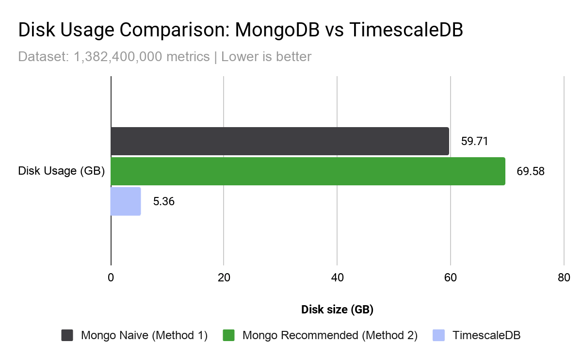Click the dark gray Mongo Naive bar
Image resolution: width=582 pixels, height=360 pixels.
280,141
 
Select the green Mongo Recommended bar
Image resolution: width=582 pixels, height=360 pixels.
308,171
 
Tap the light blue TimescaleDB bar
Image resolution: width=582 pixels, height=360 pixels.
126,201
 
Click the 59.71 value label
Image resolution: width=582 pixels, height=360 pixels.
474,142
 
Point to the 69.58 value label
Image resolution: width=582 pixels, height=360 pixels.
531,172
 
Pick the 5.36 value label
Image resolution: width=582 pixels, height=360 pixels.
163,201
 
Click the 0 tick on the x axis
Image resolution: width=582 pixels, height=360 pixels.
111,278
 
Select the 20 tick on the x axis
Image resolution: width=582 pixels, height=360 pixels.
224,278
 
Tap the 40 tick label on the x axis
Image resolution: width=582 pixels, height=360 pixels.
337,278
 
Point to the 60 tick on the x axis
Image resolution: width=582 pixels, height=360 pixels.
450,278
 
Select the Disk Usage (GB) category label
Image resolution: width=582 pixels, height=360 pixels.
62,171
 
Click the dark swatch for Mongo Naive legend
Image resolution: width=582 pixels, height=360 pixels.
67,335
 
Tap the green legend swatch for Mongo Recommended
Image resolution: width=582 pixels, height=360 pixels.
228,335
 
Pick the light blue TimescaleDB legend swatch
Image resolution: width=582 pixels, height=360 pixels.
438,335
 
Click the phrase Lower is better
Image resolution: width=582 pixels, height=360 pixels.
266,57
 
